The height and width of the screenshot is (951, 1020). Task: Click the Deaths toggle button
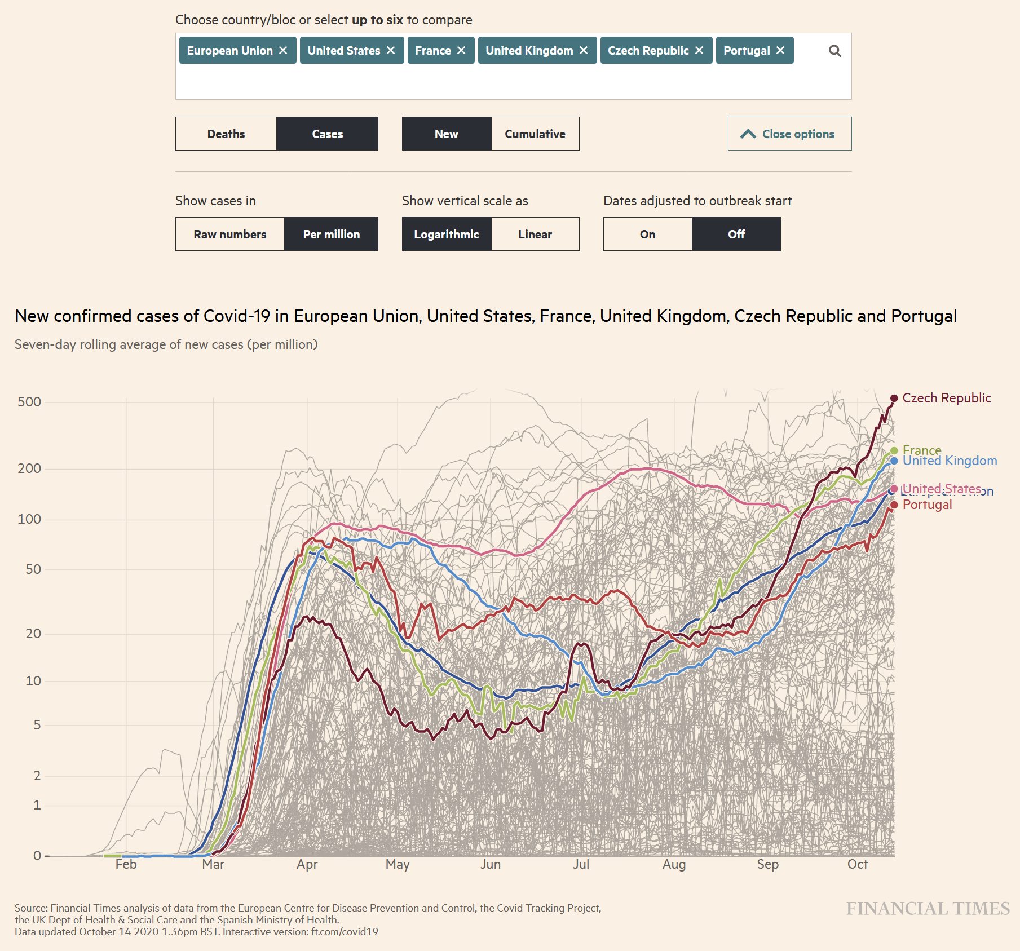[226, 134]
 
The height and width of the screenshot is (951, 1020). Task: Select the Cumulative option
[535, 134]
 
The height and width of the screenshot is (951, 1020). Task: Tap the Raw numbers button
[229, 235]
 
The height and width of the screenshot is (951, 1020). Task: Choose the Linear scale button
[535, 235]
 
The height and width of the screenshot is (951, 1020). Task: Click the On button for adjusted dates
[647, 235]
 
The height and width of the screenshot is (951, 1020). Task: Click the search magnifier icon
[834, 51]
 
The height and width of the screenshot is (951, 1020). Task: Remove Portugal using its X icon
[780, 51]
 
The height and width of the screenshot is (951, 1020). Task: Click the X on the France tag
[461, 51]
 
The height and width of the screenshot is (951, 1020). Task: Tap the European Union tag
[229, 51]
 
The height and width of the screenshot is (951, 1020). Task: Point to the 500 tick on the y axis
[29, 402]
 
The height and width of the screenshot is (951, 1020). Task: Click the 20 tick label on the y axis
[33, 634]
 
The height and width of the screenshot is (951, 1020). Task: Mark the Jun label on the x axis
[490, 864]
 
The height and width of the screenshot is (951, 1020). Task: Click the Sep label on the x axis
[767, 864]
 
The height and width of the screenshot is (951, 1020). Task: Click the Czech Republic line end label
[946, 398]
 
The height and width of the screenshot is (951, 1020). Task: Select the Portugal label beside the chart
[927, 505]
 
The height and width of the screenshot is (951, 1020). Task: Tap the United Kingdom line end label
[950, 461]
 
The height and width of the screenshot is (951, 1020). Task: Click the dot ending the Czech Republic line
[894, 399]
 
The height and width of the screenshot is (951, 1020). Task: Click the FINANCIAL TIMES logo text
[928, 909]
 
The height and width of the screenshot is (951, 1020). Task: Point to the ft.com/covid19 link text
[345, 932]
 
